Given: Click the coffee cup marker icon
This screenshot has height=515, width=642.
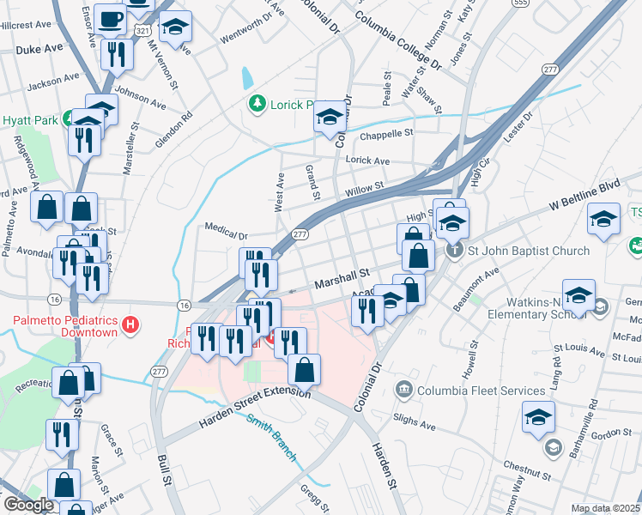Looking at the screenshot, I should [111, 18].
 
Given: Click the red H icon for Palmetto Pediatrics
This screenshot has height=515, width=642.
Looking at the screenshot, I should [130, 324].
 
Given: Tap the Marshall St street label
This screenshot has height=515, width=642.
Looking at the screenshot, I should [341, 278].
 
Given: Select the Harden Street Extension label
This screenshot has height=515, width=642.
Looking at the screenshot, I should [255, 408].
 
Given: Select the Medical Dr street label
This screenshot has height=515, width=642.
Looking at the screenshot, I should [226, 228].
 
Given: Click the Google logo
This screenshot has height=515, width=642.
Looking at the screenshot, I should [28, 505].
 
